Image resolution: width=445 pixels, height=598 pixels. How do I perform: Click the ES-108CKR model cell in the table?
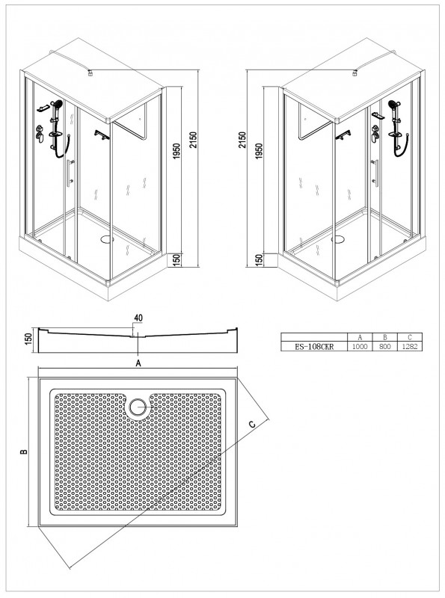314,347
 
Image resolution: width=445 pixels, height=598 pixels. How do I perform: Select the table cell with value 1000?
360,347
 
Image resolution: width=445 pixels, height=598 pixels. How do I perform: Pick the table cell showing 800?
385,347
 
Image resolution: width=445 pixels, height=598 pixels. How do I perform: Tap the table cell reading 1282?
410,347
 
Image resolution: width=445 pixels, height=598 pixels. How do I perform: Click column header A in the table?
360,338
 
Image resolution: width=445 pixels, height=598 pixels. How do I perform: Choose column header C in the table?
410,338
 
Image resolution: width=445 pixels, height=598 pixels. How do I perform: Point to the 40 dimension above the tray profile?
138,318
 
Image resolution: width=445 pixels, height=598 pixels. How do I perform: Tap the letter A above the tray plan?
138,363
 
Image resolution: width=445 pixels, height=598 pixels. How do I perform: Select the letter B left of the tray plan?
25,451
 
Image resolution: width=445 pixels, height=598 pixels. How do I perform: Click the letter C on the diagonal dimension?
252,424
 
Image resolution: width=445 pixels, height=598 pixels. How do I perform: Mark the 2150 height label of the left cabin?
193,141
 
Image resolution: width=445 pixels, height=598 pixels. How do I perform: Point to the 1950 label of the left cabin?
176,152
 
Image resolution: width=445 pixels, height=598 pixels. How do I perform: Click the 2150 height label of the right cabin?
242,141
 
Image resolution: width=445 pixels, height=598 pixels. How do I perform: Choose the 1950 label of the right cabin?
259,152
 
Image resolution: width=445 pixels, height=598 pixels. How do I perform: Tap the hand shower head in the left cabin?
58,103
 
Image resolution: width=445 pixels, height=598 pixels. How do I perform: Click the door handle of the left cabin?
69,173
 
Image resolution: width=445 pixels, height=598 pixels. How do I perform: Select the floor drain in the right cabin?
338,239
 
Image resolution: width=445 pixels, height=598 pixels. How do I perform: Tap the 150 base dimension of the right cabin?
259,260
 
